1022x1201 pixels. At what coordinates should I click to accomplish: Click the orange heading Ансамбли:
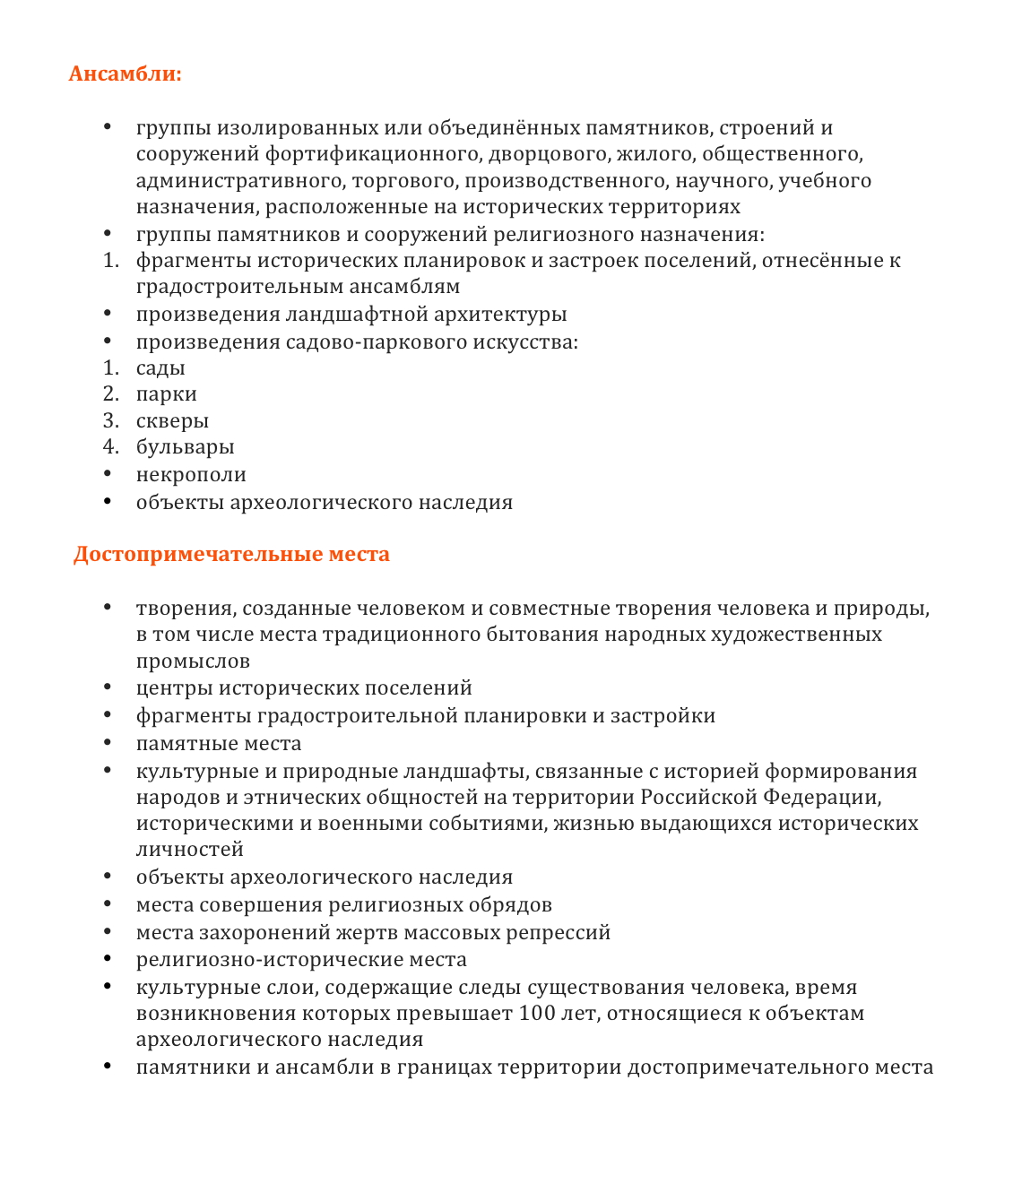pyautogui.click(x=125, y=73)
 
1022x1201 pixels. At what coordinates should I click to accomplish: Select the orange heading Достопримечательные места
pyautogui.click(x=231, y=554)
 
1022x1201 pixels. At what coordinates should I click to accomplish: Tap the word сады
pyautogui.click(x=160, y=368)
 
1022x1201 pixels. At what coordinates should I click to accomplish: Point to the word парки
pyautogui.click(x=166, y=394)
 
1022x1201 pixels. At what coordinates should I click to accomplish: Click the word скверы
pyautogui.click(x=172, y=421)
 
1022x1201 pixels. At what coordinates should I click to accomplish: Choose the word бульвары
pyautogui.click(x=185, y=447)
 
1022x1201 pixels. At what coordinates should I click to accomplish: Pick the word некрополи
pyautogui.click(x=191, y=475)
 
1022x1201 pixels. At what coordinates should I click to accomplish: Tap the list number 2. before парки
pyautogui.click(x=110, y=394)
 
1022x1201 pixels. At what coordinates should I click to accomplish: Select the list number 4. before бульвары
pyautogui.click(x=110, y=447)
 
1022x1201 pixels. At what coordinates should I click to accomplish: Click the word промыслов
pyautogui.click(x=193, y=661)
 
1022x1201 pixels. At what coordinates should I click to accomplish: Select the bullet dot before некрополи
pyautogui.click(x=108, y=474)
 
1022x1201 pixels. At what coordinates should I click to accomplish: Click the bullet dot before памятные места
pyautogui.click(x=108, y=743)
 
